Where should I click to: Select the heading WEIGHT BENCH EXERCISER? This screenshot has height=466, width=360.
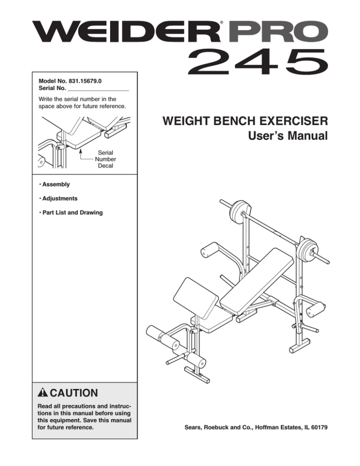(244, 123)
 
